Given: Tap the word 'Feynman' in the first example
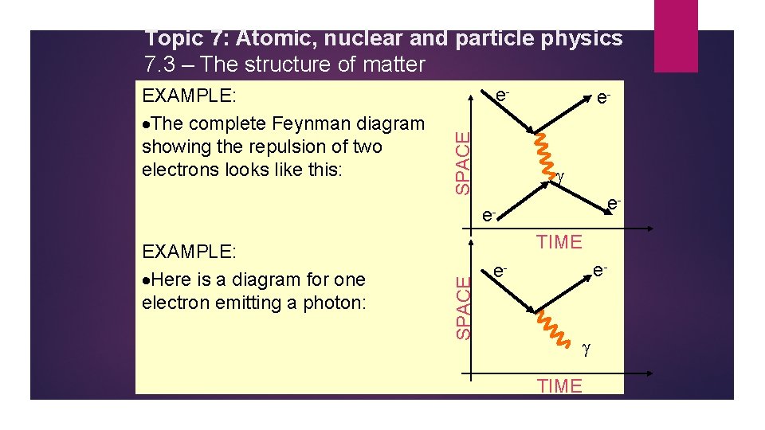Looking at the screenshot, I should coord(314,123).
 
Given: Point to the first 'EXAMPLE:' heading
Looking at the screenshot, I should coord(189,96).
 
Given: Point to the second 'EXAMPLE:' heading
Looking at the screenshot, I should coord(189,252).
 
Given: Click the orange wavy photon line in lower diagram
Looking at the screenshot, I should coord(547,327).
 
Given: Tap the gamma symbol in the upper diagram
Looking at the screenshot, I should coord(559,176).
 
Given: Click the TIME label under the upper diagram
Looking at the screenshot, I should coord(559,242).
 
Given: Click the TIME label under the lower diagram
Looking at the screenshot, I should coord(559,386).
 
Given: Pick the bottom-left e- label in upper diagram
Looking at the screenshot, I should coord(488,216).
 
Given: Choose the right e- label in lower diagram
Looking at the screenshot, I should coord(599,271).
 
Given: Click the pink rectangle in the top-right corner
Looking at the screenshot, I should coord(675,36).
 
